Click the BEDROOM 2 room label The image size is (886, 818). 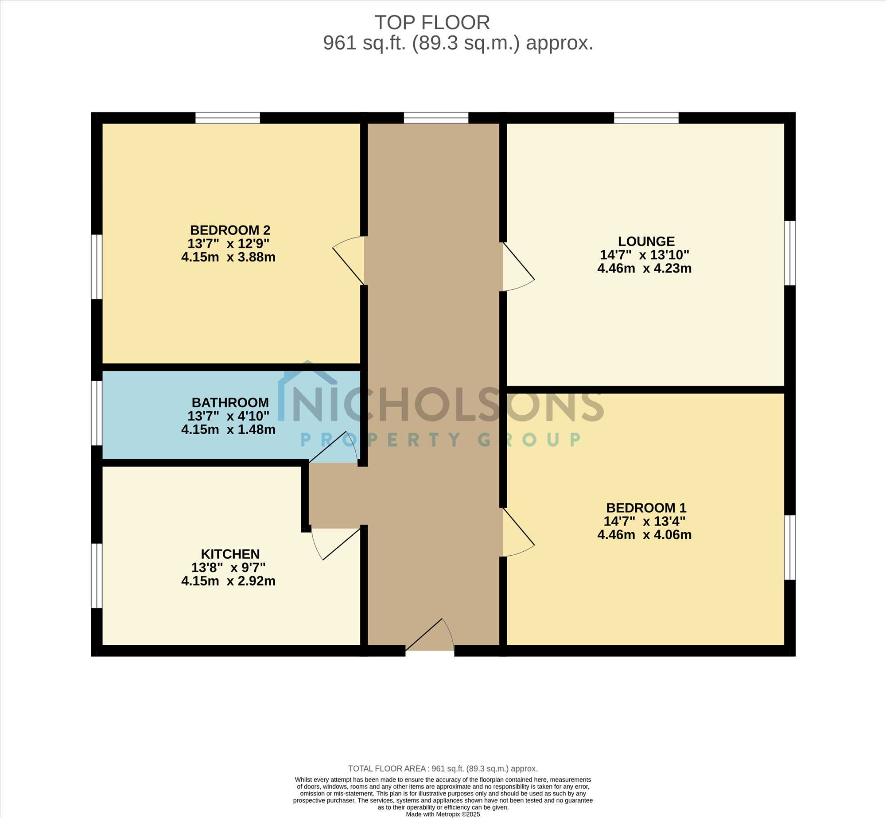[x=230, y=230]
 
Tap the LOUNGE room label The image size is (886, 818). [x=646, y=242]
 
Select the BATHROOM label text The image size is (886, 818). [x=230, y=403]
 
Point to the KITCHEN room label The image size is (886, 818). [x=230, y=554]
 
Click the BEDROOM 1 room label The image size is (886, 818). [x=646, y=508]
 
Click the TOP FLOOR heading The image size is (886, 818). [x=432, y=23]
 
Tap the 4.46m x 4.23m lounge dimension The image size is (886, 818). [x=645, y=269]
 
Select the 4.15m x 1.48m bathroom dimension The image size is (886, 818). [x=228, y=430]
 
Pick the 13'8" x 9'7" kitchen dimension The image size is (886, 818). [x=228, y=568]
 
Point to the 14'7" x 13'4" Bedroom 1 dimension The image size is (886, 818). [x=645, y=521]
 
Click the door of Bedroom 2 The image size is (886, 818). [x=349, y=261]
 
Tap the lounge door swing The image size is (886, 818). [x=519, y=266]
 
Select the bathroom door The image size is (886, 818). [x=334, y=448]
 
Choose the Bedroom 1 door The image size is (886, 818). [x=519, y=532]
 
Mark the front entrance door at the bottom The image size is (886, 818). [x=430, y=635]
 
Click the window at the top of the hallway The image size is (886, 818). [x=436, y=118]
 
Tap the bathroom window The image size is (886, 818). [x=97, y=413]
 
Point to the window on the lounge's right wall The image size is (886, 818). [x=790, y=253]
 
